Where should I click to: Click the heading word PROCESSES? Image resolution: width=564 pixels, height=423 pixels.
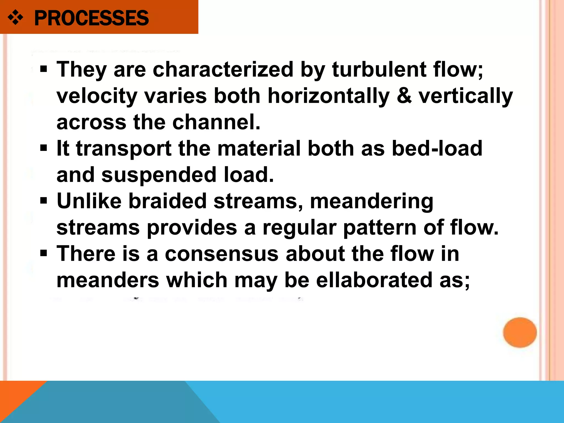[91, 18]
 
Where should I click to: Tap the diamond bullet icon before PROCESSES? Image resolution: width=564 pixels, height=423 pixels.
[15, 18]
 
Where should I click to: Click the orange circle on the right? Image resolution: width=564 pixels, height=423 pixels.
[520, 332]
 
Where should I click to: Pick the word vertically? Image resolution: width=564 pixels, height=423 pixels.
[466, 96]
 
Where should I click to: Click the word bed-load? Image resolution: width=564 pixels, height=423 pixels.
[437, 148]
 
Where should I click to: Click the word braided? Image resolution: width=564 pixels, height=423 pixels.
[167, 201]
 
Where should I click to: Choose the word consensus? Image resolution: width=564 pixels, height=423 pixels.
[222, 254]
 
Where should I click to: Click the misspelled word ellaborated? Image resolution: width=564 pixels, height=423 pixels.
[374, 280]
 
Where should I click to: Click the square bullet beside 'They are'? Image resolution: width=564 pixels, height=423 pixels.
[44, 69]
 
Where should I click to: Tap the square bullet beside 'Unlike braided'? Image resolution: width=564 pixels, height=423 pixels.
[44, 201]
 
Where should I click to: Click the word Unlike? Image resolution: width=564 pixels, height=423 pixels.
[89, 201]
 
